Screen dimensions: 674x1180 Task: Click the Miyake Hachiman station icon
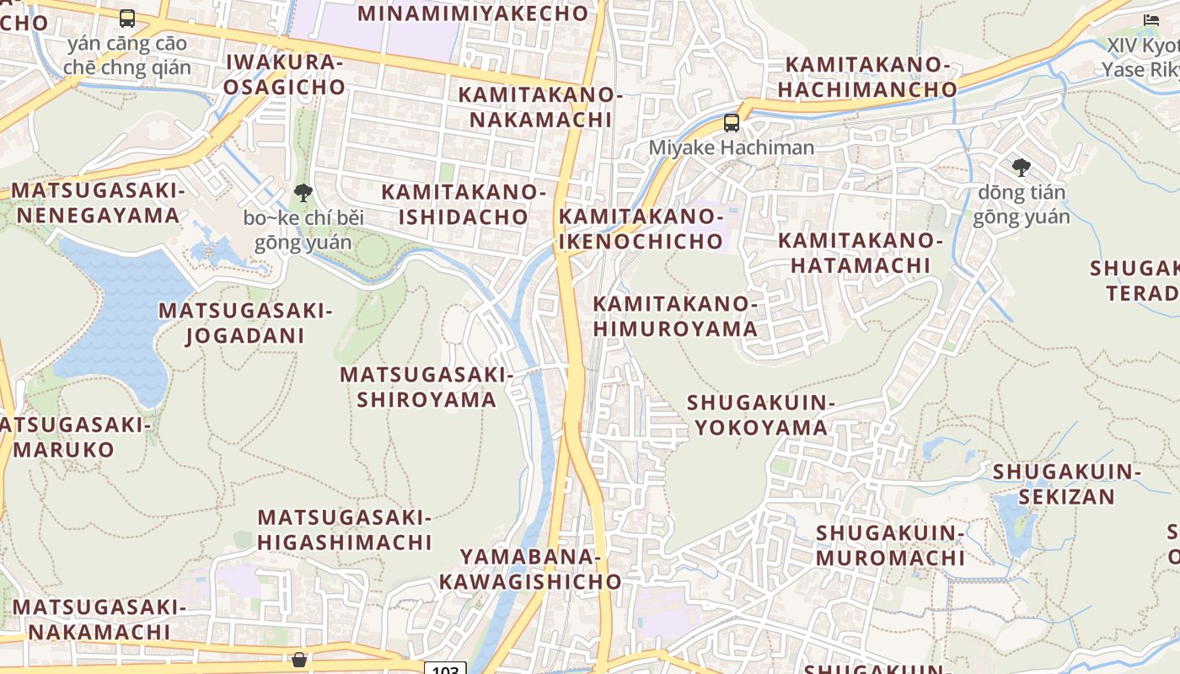click(x=732, y=123)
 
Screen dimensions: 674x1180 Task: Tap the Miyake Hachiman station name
click(x=732, y=147)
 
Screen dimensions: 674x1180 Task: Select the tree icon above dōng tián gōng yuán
click(x=1022, y=167)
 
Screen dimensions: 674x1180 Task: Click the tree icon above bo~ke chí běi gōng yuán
click(x=303, y=193)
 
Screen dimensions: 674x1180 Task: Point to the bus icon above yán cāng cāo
click(x=127, y=18)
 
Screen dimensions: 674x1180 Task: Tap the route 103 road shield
click(x=445, y=669)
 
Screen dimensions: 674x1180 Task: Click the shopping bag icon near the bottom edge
click(x=299, y=659)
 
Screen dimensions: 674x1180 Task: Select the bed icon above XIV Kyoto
click(x=1151, y=20)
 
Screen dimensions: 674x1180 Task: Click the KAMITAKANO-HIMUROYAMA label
click(x=675, y=316)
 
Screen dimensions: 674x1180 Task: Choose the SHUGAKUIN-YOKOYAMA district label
click(x=761, y=415)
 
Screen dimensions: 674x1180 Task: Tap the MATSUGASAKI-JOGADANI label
click(x=245, y=323)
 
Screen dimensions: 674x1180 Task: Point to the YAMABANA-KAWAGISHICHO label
click(x=530, y=569)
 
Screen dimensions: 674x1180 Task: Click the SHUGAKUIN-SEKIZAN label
click(x=1067, y=484)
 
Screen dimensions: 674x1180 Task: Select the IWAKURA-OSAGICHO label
click(x=285, y=74)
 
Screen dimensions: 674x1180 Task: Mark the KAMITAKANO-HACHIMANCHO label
click(x=867, y=77)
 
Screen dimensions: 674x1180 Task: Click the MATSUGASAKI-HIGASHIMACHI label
click(x=345, y=529)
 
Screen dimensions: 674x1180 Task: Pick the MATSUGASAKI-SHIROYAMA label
click(x=426, y=386)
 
